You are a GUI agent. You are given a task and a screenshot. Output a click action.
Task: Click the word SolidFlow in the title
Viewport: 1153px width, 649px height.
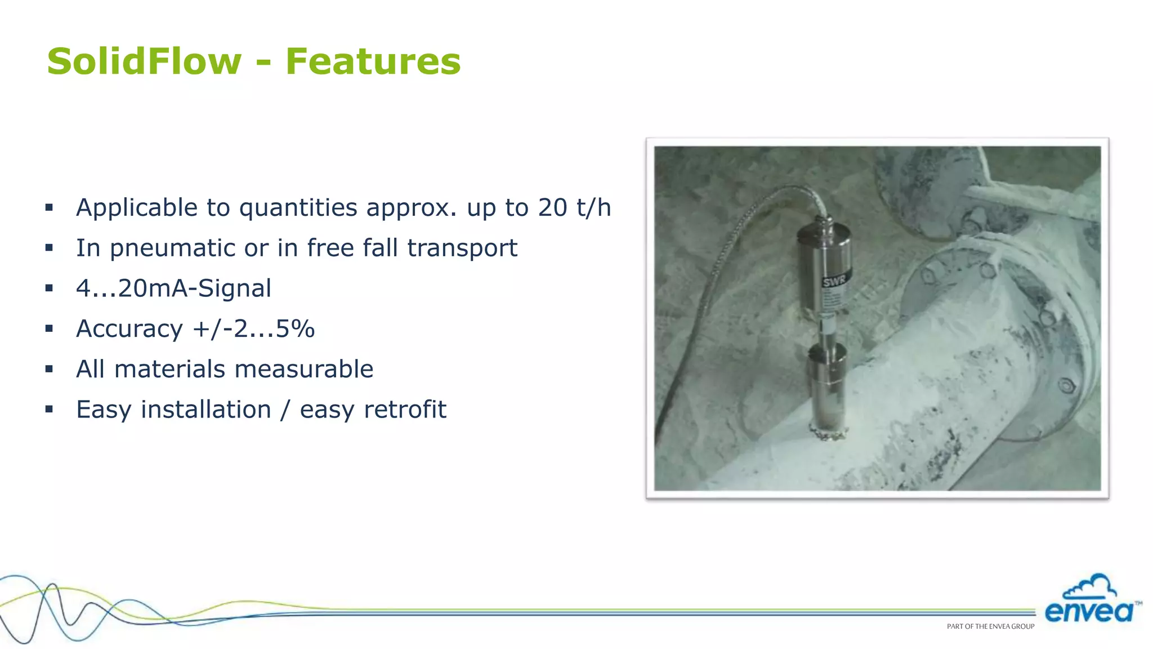click(x=144, y=61)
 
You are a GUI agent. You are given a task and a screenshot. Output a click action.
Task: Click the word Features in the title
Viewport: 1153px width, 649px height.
click(x=373, y=61)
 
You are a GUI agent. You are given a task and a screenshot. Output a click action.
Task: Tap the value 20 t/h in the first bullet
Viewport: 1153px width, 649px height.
click(x=574, y=207)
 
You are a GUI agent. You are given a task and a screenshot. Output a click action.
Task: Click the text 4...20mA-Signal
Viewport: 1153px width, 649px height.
click(x=173, y=288)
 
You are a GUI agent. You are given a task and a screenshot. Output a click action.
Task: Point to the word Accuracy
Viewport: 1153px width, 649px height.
click(x=129, y=329)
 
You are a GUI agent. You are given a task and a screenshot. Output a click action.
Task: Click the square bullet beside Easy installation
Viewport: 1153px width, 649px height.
click(x=49, y=410)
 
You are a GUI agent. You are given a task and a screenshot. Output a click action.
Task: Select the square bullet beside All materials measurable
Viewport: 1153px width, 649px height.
click(x=49, y=370)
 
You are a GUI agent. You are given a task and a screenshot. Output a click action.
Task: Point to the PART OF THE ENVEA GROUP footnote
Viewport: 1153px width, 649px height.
click(x=990, y=626)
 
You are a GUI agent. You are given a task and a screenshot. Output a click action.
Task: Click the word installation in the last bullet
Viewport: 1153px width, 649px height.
click(x=206, y=410)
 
